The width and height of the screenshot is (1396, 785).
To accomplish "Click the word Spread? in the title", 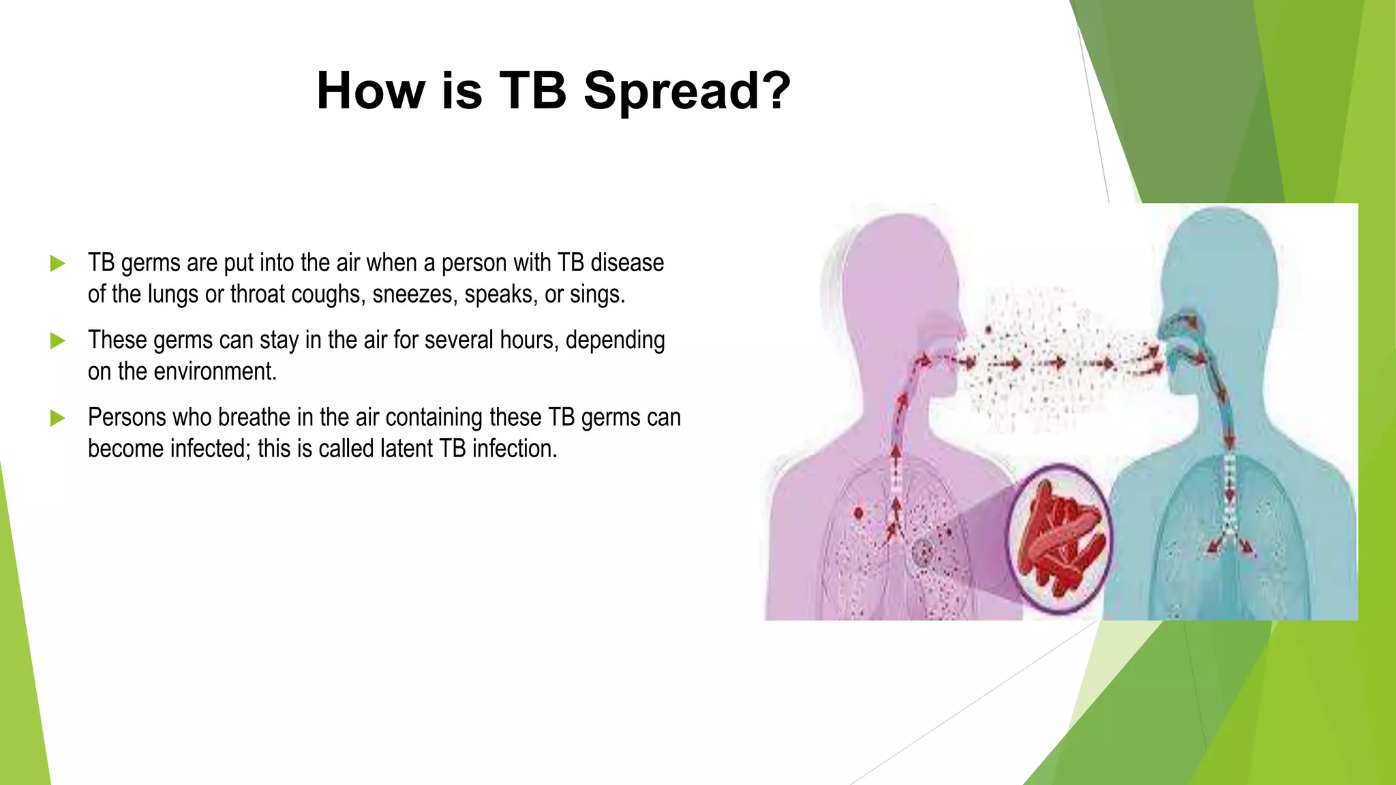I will pos(687,91).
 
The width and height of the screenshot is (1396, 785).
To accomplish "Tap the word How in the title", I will pos(371,91).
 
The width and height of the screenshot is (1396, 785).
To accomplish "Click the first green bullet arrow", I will pos(58,263).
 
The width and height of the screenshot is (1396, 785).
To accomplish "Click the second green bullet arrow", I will pos(58,340).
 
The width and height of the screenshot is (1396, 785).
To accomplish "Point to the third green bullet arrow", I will pos(58,417).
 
